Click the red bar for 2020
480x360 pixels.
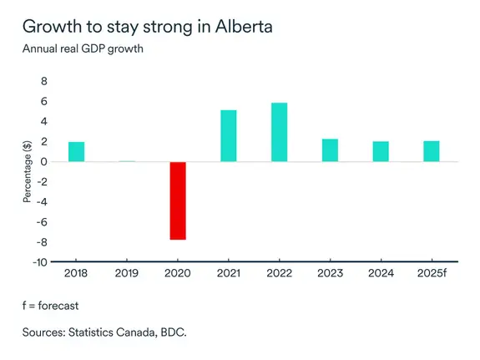[177, 200]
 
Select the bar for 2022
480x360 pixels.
[279, 132]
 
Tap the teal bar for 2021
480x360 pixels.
[228, 136]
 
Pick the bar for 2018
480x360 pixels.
[76, 152]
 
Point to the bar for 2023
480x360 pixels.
[330, 150]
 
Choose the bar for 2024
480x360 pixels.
[381, 152]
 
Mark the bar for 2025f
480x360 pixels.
[432, 152]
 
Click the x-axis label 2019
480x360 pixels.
[127, 274]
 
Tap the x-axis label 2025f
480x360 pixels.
[432, 274]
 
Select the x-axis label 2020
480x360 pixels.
[177, 274]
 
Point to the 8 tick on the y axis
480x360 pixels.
[44, 82]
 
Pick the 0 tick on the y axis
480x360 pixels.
[44, 162]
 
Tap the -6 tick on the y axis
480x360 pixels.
[42, 221]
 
